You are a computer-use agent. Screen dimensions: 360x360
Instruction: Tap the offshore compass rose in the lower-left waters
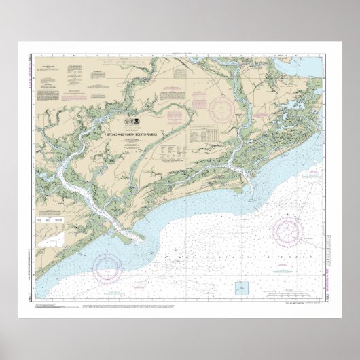click(108, 266)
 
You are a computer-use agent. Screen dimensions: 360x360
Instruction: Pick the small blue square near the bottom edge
click(241, 288)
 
